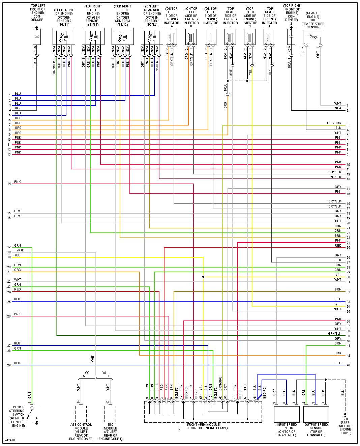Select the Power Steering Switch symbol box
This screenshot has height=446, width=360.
click(x=32, y=414)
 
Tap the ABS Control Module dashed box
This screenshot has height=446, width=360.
click(x=81, y=414)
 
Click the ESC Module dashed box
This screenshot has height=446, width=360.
click(x=110, y=414)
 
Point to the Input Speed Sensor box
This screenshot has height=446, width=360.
click(x=287, y=414)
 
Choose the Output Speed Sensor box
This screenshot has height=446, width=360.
click(x=316, y=414)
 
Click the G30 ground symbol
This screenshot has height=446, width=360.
click(x=345, y=415)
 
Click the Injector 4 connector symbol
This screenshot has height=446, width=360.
click(x=171, y=36)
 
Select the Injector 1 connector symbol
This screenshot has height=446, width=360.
click(x=269, y=36)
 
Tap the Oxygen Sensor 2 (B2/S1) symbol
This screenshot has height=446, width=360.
click(x=64, y=36)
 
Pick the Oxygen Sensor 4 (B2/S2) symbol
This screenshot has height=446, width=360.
click(x=152, y=36)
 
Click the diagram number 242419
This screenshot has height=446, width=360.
click(x=10, y=440)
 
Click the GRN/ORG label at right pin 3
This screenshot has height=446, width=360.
click(x=334, y=123)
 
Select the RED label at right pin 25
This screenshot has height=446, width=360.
click(x=338, y=246)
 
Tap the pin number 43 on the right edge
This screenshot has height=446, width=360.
click(x=348, y=365)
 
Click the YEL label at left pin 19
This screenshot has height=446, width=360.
click(x=17, y=255)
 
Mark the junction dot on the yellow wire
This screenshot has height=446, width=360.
click(x=203, y=277)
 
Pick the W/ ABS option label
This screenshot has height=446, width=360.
click(x=86, y=374)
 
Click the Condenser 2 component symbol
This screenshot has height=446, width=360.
click(x=291, y=36)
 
